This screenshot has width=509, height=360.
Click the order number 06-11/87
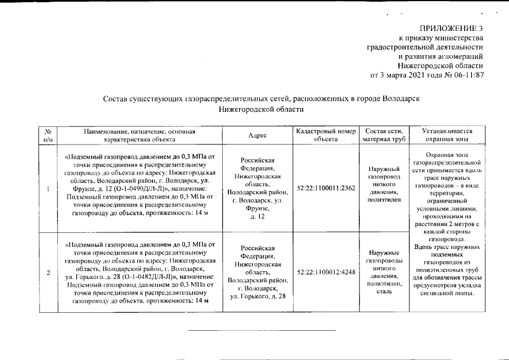point(465,75)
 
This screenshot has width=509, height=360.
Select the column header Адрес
point(257,136)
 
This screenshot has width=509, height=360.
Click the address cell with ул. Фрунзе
point(257,188)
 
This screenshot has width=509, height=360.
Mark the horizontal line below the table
point(262,330)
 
